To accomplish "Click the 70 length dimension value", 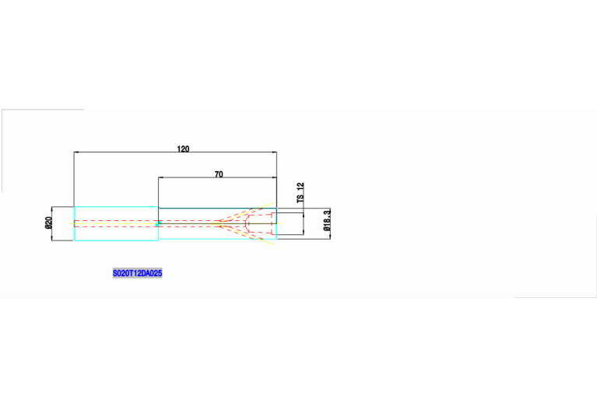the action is (x=219, y=174).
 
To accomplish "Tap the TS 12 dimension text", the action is (x=300, y=193).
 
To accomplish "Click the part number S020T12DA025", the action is (x=137, y=274).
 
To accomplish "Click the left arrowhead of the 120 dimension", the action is (x=76, y=153).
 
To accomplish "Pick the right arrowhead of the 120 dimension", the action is (x=274, y=153).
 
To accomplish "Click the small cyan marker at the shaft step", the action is (x=158, y=224).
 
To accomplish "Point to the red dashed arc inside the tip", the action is (x=247, y=223).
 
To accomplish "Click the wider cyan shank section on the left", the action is (x=116, y=223).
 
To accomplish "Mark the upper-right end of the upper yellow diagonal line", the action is (x=273, y=203).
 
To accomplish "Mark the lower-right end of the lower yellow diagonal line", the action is (x=273, y=244).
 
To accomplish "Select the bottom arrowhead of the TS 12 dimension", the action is (x=303, y=233).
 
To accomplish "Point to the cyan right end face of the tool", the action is (x=276, y=223).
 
